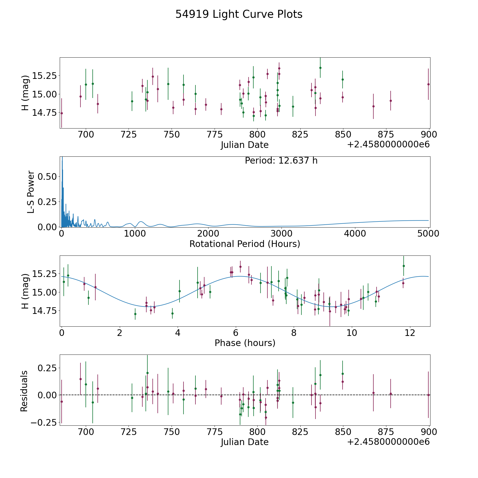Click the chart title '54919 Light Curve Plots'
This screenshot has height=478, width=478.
point(239,14)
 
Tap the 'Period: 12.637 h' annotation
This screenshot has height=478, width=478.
point(281,161)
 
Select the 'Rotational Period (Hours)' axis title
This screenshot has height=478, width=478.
point(245,244)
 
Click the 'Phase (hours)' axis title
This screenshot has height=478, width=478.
point(245,343)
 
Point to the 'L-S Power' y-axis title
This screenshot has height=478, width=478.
point(31,192)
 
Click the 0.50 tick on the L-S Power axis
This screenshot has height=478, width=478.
point(47,177)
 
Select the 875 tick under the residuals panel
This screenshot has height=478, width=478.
point(386,432)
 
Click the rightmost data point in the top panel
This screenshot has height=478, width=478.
point(428,84)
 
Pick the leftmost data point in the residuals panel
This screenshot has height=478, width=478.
point(62,402)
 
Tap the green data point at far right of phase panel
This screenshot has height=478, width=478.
point(404,266)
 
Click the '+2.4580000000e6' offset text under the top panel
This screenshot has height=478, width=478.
point(388,144)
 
